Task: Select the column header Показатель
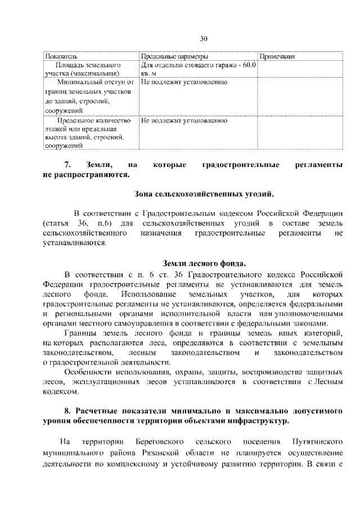pyautogui.click(x=62, y=57)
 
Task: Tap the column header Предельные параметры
pyautogui.click(x=174, y=57)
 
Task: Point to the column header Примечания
pyautogui.click(x=277, y=57)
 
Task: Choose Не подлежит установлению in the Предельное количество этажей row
pyautogui.click(x=184, y=120)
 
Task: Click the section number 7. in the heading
pyautogui.click(x=67, y=165)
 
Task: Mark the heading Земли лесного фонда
pyautogui.click(x=204, y=263)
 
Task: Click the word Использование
pyautogui.click(x=146, y=294)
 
